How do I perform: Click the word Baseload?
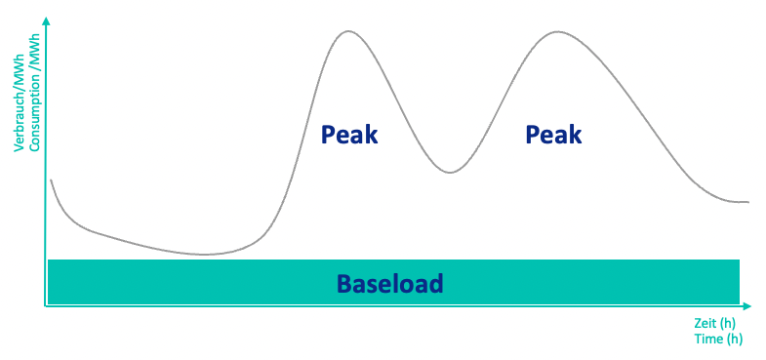point(390,284)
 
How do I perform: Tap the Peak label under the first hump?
point(349,135)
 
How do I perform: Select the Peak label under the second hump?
point(553,135)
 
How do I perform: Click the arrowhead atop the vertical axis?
point(45,21)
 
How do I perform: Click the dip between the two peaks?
point(449,173)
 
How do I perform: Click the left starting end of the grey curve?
point(51,180)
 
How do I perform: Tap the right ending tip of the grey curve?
point(747,202)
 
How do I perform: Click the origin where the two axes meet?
point(45,306)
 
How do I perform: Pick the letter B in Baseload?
point(344,284)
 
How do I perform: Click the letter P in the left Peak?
point(329,135)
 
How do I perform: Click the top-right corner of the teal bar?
point(740,260)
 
